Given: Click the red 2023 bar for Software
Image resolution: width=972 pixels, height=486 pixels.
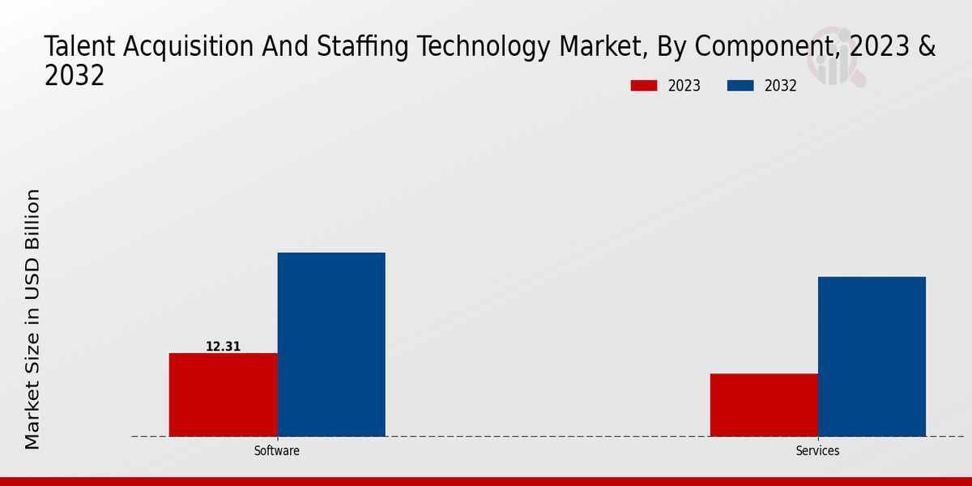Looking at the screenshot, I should tap(223, 394).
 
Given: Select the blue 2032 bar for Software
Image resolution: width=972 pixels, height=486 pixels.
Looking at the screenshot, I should tap(331, 344).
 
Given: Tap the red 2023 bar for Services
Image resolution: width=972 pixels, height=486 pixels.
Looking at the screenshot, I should tap(764, 405).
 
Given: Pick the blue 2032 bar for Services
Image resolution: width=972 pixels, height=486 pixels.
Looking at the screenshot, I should tap(872, 356).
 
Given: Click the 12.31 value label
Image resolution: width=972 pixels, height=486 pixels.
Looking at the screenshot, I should tap(223, 347).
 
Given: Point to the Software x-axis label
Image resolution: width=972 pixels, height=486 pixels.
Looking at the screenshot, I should tap(277, 451).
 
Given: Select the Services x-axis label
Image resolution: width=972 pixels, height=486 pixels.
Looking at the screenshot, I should tap(817, 451).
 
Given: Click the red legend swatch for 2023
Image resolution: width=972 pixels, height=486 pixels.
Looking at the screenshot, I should tap(644, 86).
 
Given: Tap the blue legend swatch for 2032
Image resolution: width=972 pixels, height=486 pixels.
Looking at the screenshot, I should tap(740, 86).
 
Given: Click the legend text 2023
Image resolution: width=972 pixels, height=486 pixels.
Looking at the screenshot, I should tap(684, 86).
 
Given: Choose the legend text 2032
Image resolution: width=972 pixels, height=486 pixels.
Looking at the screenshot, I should tap(781, 86).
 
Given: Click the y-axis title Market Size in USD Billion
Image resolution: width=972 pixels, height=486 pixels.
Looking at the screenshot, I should tap(32, 319).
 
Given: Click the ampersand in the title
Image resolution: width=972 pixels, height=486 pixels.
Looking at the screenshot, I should tap(926, 47).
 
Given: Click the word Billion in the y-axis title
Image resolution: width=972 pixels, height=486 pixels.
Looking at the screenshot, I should tap(32, 218).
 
